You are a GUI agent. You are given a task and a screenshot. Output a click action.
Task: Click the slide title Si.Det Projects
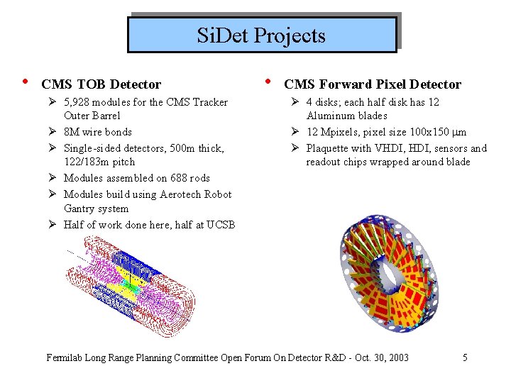coord(261,35)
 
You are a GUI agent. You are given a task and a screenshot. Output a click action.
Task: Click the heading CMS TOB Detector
coord(101,85)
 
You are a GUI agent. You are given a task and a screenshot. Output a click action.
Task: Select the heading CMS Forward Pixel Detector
coord(373,85)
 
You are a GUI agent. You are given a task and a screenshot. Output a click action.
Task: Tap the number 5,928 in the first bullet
coord(79,102)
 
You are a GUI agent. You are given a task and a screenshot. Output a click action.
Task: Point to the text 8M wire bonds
coord(97,132)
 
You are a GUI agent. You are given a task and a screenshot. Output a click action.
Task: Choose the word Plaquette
coord(330,148)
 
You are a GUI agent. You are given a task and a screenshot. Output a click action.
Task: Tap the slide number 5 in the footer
coord(465,357)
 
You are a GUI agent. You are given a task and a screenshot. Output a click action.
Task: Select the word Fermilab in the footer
coord(67,357)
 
